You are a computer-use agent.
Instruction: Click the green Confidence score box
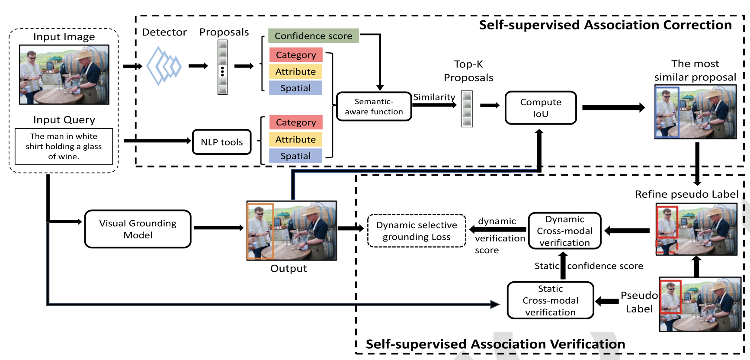click(x=313, y=36)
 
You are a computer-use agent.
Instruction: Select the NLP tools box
click(x=221, y=142)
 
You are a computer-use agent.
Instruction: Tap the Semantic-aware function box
click(x=374, y=106)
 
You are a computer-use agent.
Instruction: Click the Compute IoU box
click(x=540, y=108)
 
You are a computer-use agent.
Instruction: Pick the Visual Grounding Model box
click(x=138, y=229)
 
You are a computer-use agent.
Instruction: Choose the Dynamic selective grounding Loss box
click(x=416, y=231)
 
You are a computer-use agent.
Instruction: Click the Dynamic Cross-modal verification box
click(x=564, y=231)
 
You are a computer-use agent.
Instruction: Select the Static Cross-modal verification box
click(x=550, y=300)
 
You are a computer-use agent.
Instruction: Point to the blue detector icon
click(x=164, y=66)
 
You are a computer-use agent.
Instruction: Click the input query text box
click(x=64, y=146)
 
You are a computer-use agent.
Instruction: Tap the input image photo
click(x=64, y=74)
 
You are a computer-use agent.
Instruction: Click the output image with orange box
click(x=291, y=231)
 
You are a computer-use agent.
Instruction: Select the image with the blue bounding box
click(x=695, y=112)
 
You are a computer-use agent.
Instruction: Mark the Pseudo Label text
click(x=639, y=302)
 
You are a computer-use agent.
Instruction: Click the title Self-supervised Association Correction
click(x=605, y=25)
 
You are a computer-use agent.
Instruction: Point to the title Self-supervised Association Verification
click(x=495, y=344)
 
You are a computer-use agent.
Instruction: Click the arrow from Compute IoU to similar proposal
click(x=613, y=108)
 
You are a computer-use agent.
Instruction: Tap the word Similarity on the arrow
click(x=434, y=97)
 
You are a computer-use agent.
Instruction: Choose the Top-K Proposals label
click(x=468, y=71)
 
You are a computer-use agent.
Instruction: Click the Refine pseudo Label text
click(x=686, y=194)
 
